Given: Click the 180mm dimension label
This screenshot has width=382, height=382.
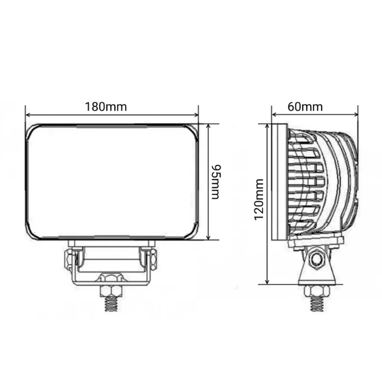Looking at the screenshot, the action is pyautogui.click(x=106, y=107).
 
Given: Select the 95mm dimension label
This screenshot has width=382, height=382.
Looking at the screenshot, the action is pyautogui.click(x=216, y=182).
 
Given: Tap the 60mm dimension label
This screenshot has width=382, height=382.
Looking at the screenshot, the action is pyautogui.click(x=305, y=107).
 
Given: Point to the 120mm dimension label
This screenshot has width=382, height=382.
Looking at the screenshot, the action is pyautogui.click(x=259, y=199).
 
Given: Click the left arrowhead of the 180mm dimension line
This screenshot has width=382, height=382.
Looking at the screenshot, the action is pyautogui.click(x=28, y=115).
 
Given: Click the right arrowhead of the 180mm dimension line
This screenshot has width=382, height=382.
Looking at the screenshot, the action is pyautogui.click(x=196, y=115).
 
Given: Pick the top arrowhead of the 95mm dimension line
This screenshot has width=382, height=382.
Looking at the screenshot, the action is pyautogui.click(x=208, y=126).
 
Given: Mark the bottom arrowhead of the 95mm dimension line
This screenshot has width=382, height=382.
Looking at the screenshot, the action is pyautogui.click(x=208, y=237).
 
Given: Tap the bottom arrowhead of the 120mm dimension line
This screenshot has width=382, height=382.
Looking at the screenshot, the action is pyautogui.click(x=267, y=282).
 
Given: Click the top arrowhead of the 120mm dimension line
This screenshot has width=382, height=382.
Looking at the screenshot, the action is pyautogui.click(x=267, y=127).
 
